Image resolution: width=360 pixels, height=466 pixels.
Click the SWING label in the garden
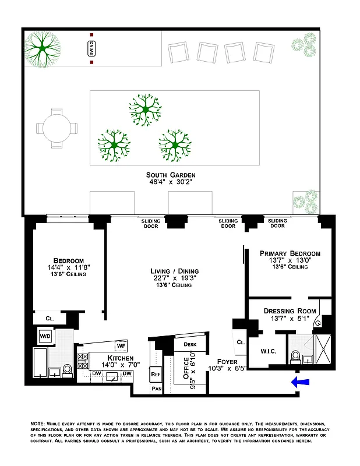(91, 50)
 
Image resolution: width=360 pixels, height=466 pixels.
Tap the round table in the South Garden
(57, 127)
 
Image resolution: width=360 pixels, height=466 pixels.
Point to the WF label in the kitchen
(121, 346)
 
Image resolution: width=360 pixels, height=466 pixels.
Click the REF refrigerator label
(156, 374)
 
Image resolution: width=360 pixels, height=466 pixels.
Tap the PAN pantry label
(156, 388)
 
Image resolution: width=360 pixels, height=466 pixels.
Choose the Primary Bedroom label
(290, 253)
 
